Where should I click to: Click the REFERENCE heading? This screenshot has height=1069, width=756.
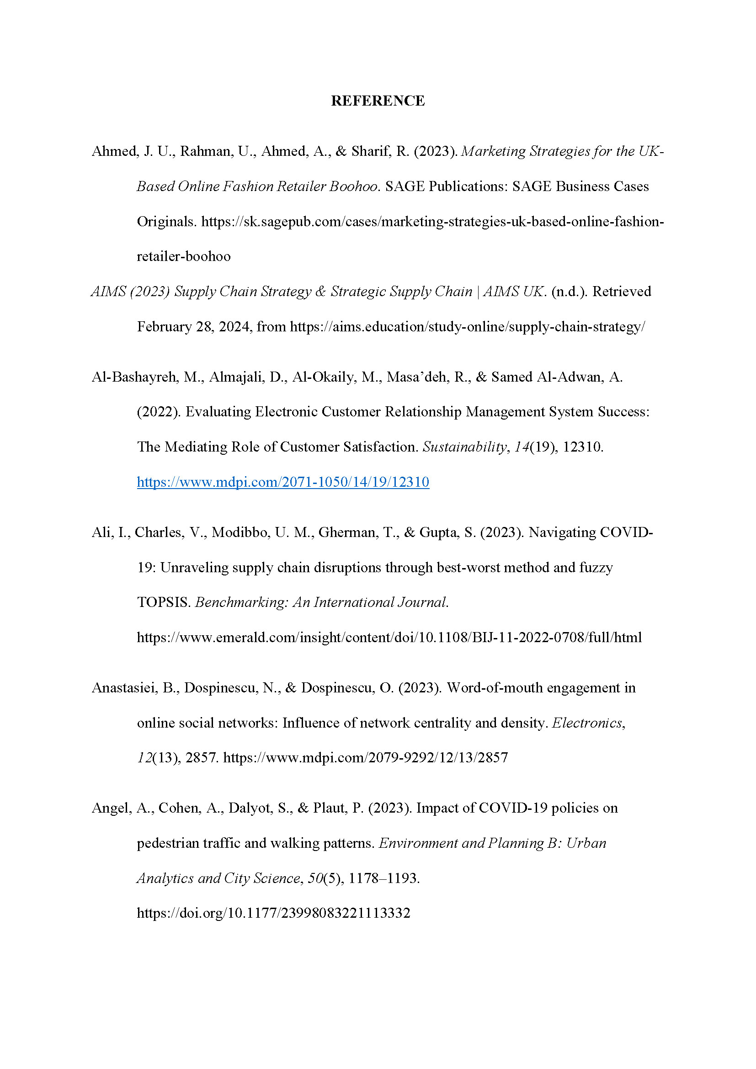click(378, 101)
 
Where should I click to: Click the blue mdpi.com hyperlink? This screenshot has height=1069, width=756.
click(282, 482)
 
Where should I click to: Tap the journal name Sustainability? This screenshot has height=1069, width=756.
click(464, 447)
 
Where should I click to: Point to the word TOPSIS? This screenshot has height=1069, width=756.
click(163, 602)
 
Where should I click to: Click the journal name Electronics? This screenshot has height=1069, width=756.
click(587, 723)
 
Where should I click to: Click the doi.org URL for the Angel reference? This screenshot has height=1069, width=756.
click(273, 913)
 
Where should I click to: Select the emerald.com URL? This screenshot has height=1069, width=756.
click(389, 638)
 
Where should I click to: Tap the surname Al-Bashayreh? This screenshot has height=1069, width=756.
click(133, 377)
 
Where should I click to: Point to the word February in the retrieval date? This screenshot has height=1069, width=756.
click(164, 327)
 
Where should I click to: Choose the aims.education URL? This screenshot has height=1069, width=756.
click(467, 327)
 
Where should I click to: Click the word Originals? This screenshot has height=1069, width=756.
click(166, 222)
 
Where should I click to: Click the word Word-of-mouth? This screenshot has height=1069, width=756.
click(494, 688)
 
